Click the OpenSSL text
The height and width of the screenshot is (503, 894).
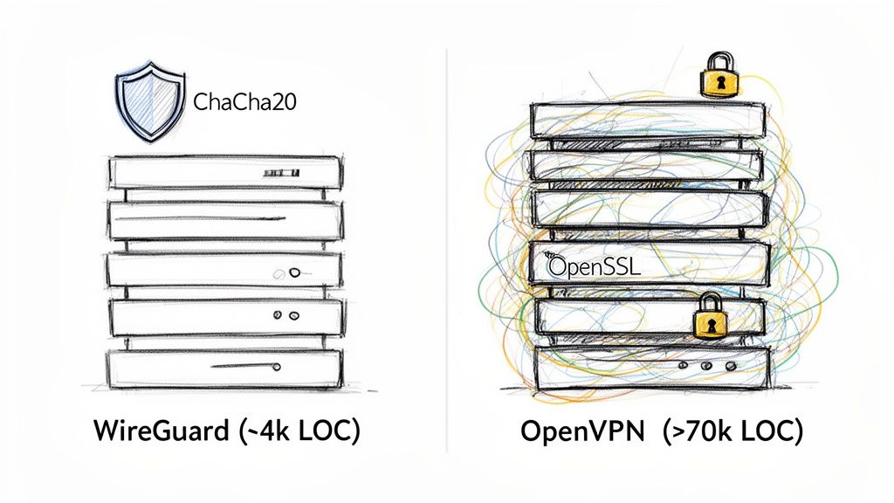pos(594,265)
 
